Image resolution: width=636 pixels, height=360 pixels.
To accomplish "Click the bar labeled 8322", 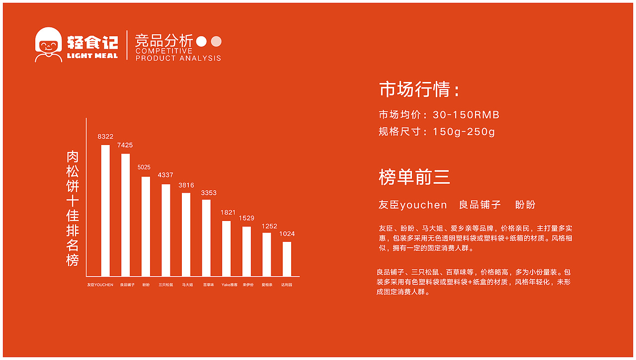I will [x=105, y=211].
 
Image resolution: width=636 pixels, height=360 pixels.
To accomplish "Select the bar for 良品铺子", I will [x=126, y=215].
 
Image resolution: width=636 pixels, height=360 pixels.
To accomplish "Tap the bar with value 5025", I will [x=146, y=226].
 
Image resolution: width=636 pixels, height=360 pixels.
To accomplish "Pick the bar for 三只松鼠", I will [x=166, y=230].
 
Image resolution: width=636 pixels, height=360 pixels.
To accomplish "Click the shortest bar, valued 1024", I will [x=287, y=259].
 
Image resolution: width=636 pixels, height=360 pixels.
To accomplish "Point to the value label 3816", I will [x=186, y=185].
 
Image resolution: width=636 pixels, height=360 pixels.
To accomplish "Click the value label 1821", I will [x=228, y=213].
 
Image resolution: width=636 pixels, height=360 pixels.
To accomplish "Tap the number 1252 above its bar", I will [x=269, y=226].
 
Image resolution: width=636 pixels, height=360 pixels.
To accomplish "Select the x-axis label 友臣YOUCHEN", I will [x=100, y=285].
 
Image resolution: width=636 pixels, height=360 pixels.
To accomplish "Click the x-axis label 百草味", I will [x=208, y=285].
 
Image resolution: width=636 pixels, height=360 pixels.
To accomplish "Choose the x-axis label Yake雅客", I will [x=229, y=285].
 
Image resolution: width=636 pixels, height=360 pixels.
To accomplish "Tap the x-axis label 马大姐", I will [x=187, y=285].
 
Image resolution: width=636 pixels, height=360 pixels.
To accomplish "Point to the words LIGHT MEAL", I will [x=92, y=56].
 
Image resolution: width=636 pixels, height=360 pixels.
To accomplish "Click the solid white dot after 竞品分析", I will [x=201, y=42].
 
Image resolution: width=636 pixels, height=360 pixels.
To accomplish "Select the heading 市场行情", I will [x=419, y=90].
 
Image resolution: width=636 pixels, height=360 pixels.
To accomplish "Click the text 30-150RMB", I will [x=466, y=115].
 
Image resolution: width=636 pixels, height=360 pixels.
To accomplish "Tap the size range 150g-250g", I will [x=464, y=132].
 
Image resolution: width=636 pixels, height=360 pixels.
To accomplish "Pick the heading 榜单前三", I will [x=414, y=177].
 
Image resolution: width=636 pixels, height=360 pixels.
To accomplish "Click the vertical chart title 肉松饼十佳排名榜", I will [x=73, y=209].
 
